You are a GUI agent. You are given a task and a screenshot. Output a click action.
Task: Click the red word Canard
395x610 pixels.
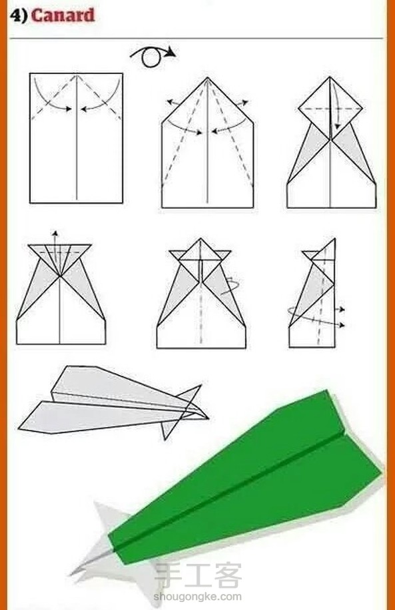point(63,15)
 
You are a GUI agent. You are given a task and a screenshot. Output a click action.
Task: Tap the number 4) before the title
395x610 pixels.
point(19,15)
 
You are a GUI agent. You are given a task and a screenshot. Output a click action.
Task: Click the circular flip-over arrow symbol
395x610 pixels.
point(153,57)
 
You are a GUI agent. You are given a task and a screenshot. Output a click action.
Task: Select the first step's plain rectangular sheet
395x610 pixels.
point(77,138)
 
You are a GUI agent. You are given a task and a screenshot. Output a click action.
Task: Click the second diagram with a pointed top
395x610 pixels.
point(207,142)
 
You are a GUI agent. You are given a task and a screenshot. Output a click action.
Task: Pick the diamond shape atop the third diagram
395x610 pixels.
point(330,108)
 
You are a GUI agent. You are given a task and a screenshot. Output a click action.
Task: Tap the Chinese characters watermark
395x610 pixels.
point(198,575)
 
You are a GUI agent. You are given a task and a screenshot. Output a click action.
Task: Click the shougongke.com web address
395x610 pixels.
point(197,597)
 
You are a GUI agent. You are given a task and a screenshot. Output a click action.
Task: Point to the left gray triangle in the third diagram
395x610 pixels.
point(309,154)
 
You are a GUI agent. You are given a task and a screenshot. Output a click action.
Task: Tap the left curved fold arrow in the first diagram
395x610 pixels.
point(50,97)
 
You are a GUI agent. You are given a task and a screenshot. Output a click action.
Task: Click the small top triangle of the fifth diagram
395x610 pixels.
point(200,249)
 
